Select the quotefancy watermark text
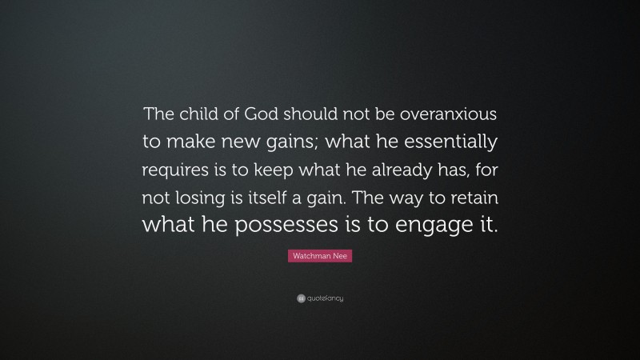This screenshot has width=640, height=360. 326,299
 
